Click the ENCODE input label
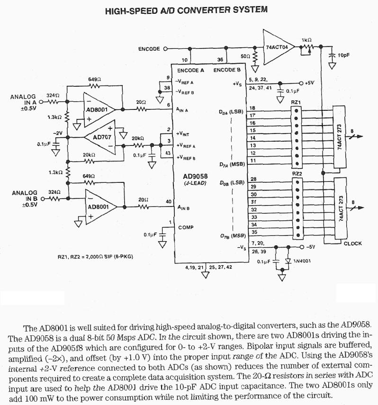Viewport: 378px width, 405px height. pyautogui.click(x=149, y=48)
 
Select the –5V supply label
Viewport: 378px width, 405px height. pyautogui.click(x=310, y=247)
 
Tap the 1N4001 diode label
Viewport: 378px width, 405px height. pyautogui.click(x=302, y=261)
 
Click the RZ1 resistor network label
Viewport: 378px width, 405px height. pyautogui.click(x=297, y=102)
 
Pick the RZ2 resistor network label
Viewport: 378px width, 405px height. pyautogui.click(x=297, y=174)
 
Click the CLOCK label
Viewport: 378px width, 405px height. pyautogui.click(x=352, y=243)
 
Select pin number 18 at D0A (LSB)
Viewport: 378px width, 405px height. pyautogui.click(x=253, y=108)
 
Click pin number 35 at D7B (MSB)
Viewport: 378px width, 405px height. pyautogui.click(x=253, y=232)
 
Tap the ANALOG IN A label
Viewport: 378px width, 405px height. pyautogui.click(x=23, y=100)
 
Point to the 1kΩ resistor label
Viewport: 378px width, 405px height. pyautogui.click(x=306, y=39)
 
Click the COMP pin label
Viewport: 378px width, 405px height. pyautogui.click(x=185, y=227)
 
